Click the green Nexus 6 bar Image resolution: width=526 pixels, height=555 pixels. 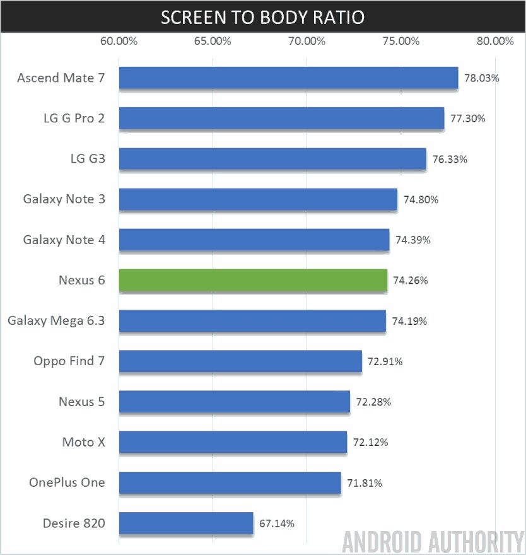[x=253, y=280]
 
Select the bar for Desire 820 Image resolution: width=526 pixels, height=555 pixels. [x=185, y=523]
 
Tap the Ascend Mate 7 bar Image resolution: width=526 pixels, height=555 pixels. [x=288, y=78]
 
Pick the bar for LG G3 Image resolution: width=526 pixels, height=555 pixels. [x=272, y=159]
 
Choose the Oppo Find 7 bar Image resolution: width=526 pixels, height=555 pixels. [x=240, y=361]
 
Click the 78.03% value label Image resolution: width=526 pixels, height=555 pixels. [x=482, y=79]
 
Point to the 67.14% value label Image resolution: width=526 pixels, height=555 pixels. [x=277, y=523]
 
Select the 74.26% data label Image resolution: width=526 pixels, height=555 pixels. [x=411, y=281]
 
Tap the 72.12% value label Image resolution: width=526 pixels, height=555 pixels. [x=370, y=442]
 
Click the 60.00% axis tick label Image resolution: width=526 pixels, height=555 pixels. [x=119, y=42]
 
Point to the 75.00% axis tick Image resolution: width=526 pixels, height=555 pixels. [x=401, y=42]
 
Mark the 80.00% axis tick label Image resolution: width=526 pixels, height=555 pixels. [x=495, y=42]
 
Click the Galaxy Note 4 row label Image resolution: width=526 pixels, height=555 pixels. [x=64, y=240]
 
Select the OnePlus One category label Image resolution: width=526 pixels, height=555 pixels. [x=67, y=482]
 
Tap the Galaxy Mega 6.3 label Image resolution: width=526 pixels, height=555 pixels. [x=56, y=320]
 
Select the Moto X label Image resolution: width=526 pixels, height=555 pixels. [x=83, y=442]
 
